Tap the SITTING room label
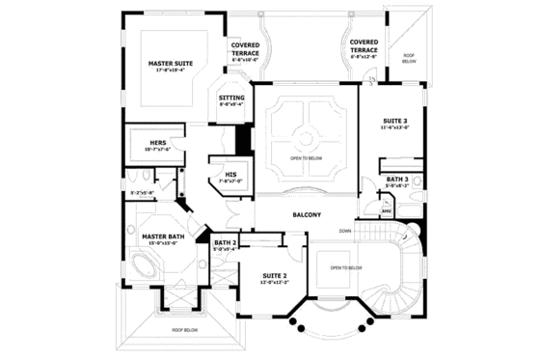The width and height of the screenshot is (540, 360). click(231, 97)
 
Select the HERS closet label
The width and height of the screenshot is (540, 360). click(160, 142)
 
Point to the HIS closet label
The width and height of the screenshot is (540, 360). click(230, 174)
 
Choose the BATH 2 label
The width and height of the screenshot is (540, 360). click(225, 242)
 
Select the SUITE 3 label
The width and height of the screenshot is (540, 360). click(393, 119)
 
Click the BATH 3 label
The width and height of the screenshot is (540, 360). click(397, 180)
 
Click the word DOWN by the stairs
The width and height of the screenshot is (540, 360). click(344, 232)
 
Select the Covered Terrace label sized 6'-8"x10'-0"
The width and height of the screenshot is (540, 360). click(246, 48)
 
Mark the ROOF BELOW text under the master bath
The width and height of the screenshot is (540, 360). click(185, 329)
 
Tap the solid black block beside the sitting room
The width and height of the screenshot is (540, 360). click(243, 138)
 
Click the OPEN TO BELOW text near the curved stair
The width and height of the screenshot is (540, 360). click(345, 267)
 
